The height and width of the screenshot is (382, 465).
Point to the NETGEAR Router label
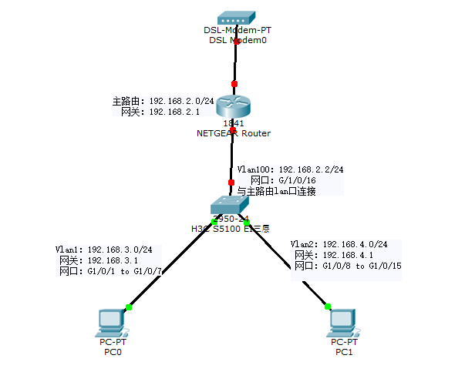234,133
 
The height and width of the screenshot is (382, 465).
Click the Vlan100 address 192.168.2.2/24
312,169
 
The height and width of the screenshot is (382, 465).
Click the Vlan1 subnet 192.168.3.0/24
120,250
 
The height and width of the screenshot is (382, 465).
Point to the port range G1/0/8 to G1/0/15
359,266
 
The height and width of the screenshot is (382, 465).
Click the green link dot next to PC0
129,307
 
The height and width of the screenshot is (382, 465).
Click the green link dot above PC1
329,305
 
